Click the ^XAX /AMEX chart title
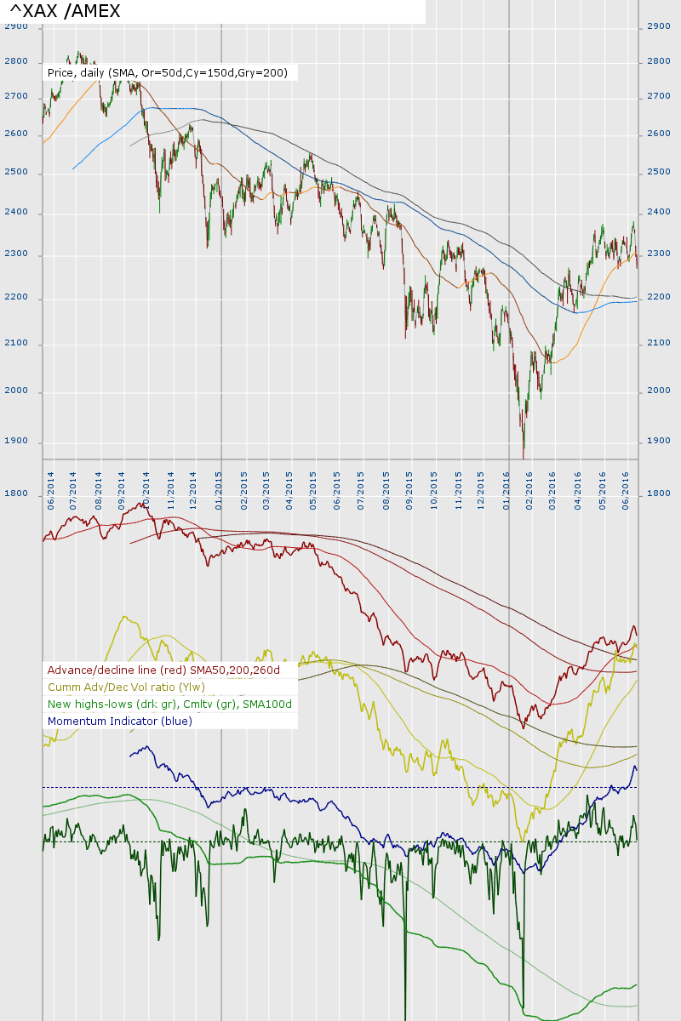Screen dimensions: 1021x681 tap(66, 11)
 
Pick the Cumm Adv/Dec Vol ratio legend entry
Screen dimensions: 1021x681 tap(126, 687)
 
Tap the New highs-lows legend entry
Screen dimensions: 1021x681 tap(169, 704)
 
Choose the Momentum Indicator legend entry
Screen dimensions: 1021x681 tap(120, 722)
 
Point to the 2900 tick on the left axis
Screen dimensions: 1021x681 tap(16, 26)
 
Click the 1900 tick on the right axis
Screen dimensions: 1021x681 tap(658, 441)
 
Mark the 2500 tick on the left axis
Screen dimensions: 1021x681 tap(16, 173)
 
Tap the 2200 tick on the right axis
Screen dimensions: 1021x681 tap(658, 297)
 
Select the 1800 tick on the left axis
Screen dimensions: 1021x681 tap(16, 493)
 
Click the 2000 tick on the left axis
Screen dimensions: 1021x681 tap(16, 391)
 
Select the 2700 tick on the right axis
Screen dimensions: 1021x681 tap(658, 97)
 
